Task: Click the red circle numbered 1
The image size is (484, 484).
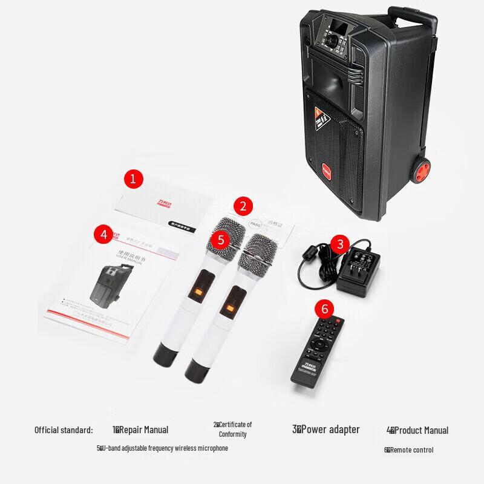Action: (x=133, y=178)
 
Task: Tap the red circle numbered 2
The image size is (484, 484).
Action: (x=243, y=206)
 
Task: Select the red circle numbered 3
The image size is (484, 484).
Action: (x=340, y=244)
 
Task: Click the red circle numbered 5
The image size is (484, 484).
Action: (x=221, y=240)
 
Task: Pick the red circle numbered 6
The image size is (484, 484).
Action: (x=325, y=309)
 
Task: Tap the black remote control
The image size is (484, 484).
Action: (x=318, y=351)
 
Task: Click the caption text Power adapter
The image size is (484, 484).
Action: (x=327, y=430)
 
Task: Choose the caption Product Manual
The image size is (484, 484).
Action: (x=417, y=431)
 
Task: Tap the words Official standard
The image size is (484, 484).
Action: (x=64, y=430)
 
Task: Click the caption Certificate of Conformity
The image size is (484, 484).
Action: (x=233, y=430)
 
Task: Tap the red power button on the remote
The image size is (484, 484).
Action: (x=339, y=321)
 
